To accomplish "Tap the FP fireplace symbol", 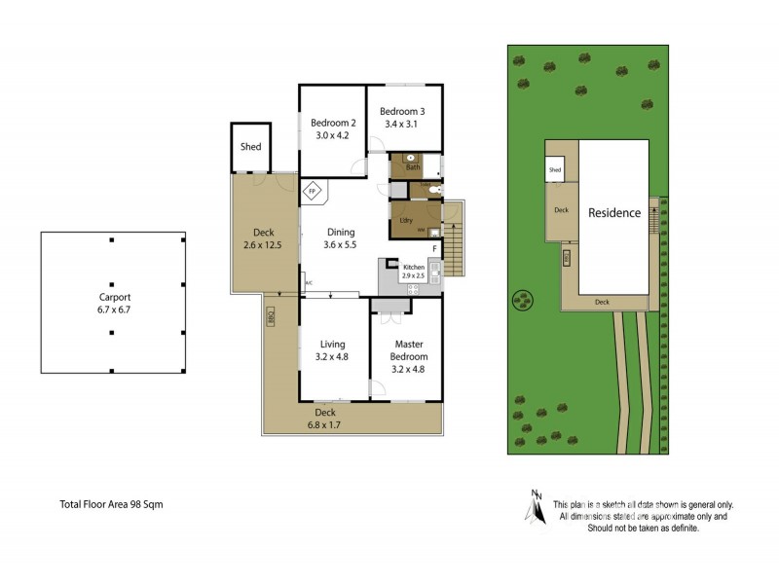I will point(314,192).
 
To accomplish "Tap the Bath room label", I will point(413,167).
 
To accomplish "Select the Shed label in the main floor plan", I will point(249,147).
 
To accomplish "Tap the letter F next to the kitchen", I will point(434,249).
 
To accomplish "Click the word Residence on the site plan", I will point(613,213).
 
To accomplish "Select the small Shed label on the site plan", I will point(555,170).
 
